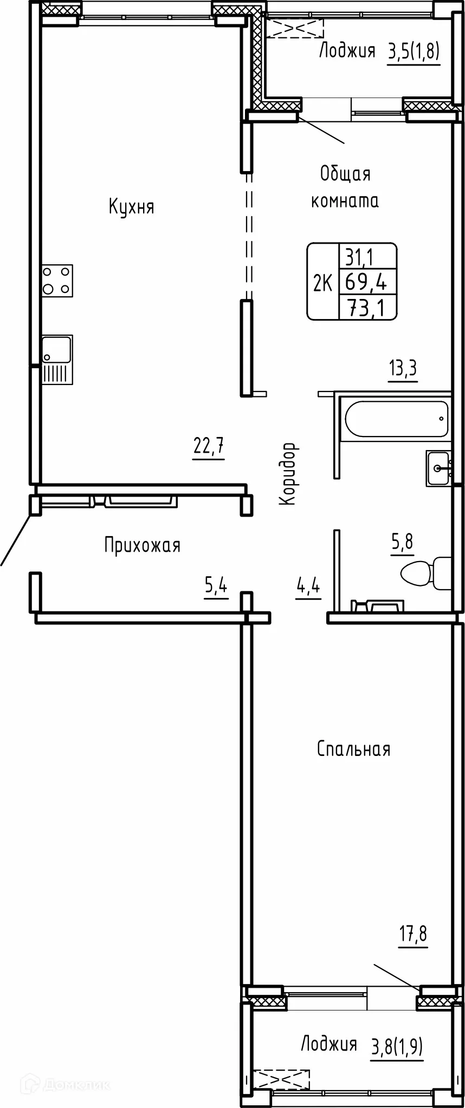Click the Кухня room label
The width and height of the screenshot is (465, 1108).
point(132,207)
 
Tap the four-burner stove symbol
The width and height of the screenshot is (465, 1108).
point(57,280)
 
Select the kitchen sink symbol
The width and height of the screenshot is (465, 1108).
point(57,360)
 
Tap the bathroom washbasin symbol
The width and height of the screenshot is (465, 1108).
point(439,468)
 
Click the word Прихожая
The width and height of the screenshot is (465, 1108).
point(143,545)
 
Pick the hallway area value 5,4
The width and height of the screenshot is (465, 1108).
point(216,586)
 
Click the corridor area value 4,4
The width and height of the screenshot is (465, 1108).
point(308,586)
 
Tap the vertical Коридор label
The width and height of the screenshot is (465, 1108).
point(288,474)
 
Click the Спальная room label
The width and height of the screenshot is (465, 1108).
point(353,749)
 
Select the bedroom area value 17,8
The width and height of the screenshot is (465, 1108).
point(413,935)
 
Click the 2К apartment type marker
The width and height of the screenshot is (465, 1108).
point(322,282)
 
